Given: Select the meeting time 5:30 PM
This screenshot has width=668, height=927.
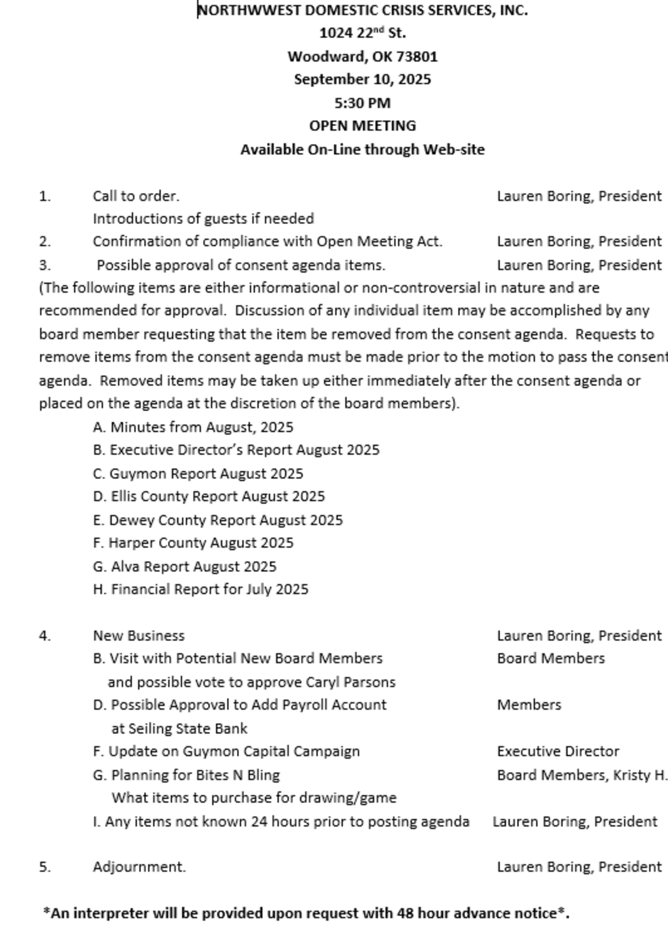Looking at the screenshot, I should coord(362,103).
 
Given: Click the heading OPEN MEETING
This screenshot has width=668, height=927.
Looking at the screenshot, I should coord(362,126).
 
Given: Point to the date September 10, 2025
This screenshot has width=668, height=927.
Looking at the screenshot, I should coord(362,79).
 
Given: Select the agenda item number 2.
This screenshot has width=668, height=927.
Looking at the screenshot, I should coord(45,242).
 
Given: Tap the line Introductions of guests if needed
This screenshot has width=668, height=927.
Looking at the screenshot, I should coord(203,219).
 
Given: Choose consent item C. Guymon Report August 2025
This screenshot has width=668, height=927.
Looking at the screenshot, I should coord(198,474).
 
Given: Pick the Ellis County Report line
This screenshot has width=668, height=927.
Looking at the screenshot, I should coord(209,497).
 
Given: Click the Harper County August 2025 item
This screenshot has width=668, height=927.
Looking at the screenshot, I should coord(193,543).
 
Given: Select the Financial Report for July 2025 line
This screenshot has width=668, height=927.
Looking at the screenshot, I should coord(201,590).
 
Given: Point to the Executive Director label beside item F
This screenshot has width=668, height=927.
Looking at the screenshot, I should coord(558,752).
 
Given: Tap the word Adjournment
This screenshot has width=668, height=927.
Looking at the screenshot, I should coord(139,867).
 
